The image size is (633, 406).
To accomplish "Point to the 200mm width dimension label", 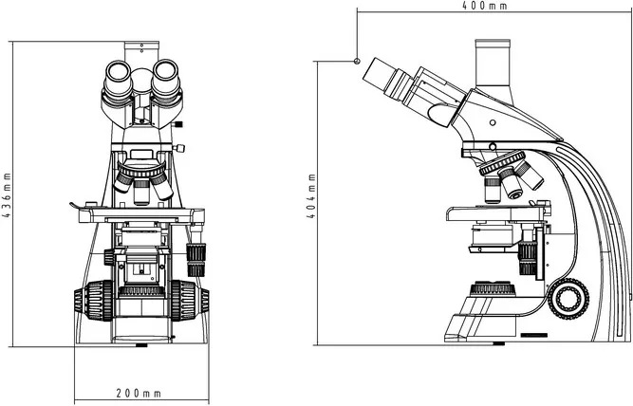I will [x=139, y=393].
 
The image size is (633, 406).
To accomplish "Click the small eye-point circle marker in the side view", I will [x=357, y=61].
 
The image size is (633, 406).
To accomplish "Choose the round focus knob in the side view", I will [x=567, y=298].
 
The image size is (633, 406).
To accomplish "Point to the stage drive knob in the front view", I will [x=197, y=254].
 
